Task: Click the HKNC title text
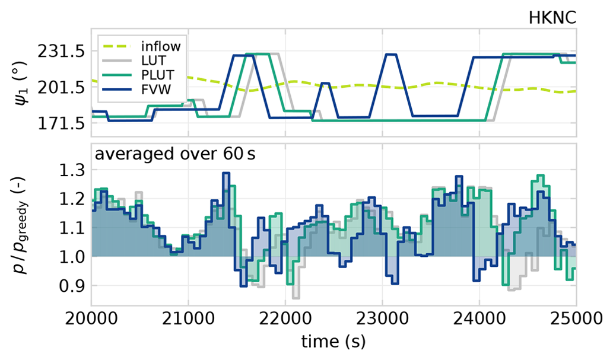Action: (552, 17)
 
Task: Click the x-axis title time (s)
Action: (333, 342)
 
